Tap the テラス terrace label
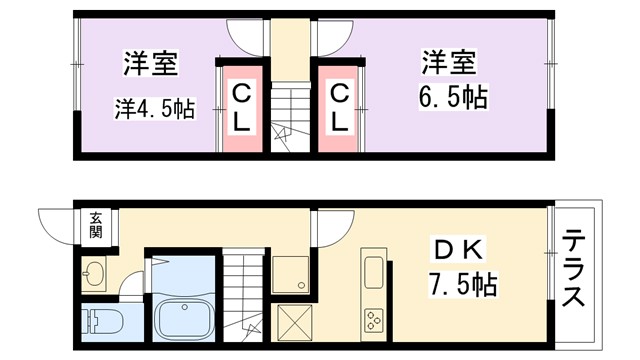click(574, 269)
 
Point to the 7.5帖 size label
click(463, 284)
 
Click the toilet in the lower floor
click(101, 323)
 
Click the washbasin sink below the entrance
click(97, 272)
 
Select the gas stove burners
click(375, 320)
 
